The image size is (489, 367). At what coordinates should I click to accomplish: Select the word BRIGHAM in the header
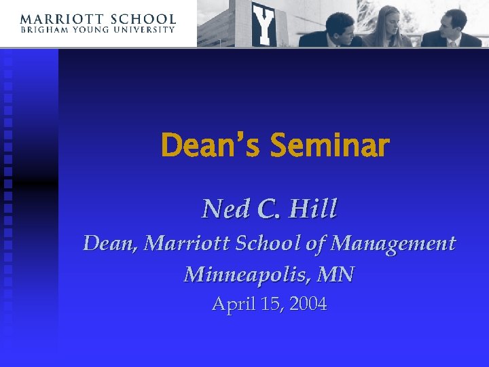tap(46, 30)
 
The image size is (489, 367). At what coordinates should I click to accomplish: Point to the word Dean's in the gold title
tap(211, 145)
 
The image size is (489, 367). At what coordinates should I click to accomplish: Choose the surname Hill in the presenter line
tap(312, 209)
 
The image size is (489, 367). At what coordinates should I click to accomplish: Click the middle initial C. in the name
tap(268, 209)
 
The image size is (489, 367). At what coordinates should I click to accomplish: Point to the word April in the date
tap(230, 304)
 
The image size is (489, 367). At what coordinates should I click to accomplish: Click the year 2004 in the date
tap(308, 304)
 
